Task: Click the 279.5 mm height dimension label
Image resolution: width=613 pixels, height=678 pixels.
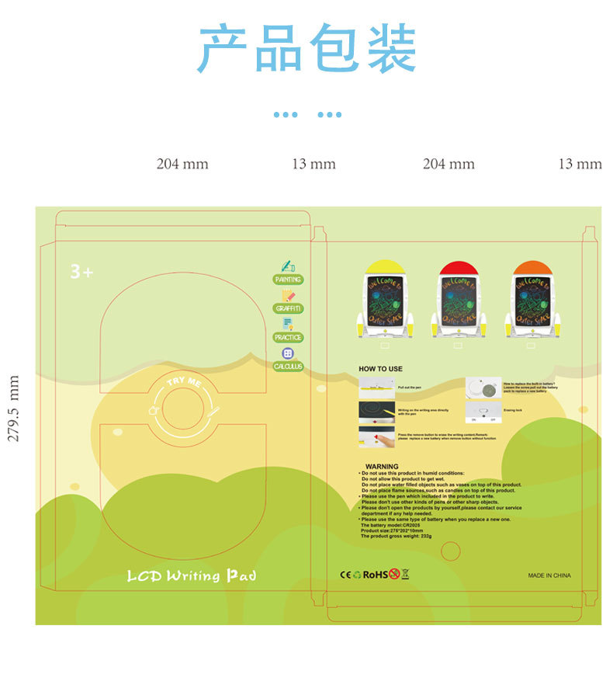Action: click(13, 409)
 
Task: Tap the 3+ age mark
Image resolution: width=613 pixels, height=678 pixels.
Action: click(81, 272)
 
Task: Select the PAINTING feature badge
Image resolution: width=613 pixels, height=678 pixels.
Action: click(288, 280)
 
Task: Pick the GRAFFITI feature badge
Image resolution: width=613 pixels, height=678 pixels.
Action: click(288, 308)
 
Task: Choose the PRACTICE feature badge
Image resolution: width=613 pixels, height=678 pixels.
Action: click(288, 338)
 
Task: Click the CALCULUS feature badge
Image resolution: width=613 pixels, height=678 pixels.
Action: click(288, 367)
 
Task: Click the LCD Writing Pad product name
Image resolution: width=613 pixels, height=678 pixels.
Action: click(191, 575)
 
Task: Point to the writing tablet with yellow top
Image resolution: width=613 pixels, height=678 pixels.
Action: click(384, 301)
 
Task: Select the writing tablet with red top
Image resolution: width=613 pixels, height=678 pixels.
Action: click(458, 301)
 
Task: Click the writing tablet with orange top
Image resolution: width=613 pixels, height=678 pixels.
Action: click(532, 301)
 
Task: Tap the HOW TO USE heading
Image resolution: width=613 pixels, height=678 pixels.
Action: click(380, 369)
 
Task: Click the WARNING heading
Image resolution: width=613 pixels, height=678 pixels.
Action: click(382, 467)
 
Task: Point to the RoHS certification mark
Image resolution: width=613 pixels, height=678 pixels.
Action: click(375, 575)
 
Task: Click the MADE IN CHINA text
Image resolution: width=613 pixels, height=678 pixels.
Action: click(549, 575)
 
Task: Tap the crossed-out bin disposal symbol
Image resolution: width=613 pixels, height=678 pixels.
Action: click(405, 575)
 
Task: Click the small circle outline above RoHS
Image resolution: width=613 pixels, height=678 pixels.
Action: click(450, 551)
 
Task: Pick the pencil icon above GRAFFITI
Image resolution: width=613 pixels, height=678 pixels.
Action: click(288, 295)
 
